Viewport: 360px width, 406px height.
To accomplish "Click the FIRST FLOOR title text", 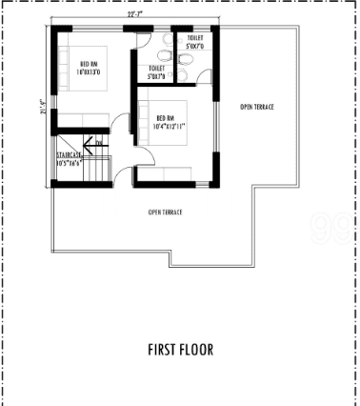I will [x=180, y=349].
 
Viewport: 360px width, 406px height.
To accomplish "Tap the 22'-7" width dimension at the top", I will [x=135, y=15].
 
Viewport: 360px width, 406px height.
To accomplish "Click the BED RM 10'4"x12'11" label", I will [x=172, y=124].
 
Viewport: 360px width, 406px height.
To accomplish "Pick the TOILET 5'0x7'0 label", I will [x=196, y=43].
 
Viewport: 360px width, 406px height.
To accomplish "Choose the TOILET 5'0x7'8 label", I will [x=156, y=73].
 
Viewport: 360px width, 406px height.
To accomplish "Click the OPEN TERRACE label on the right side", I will [x=256, y=107].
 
